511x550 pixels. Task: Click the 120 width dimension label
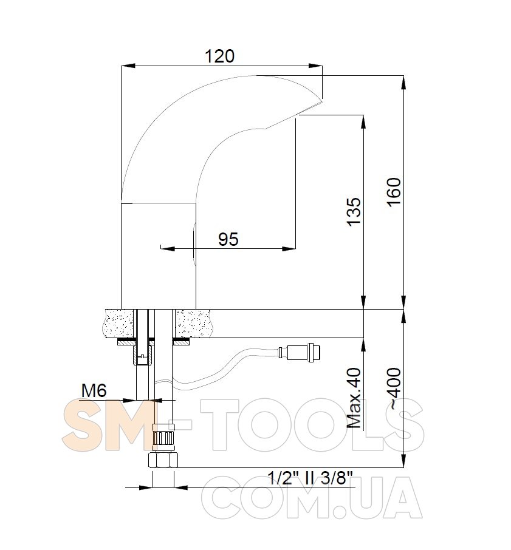click(x=219, y=56)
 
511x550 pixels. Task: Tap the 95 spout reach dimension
click(x=228, y=239)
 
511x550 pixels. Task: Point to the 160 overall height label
click(x=394, y=192)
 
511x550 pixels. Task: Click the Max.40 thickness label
click(x=354, y=398)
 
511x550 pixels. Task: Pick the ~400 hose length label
click(x=394, y=389)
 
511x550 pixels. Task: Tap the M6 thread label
click(x=94, y=390)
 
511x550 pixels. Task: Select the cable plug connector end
click(x=300, y=352)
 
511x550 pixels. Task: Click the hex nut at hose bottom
click(x=163, y=460)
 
